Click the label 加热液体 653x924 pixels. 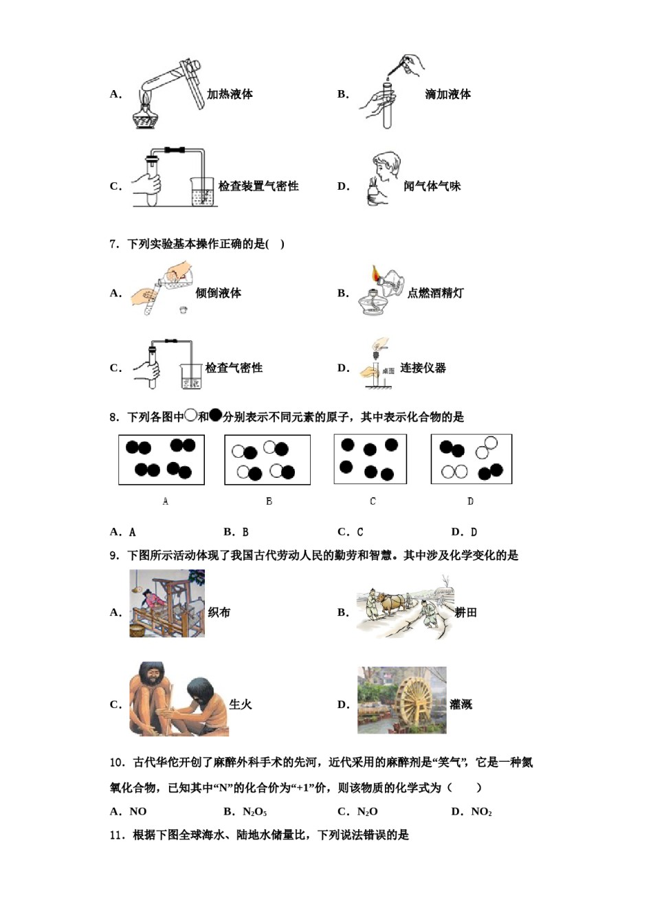click(x=230, y=94)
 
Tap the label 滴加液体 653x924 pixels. click(x=447, y=94)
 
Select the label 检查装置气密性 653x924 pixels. click(x=258, y=186)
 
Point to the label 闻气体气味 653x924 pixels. click(x=432, y=186)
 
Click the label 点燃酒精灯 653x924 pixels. click(x=435, y=293)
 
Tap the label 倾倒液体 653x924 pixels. click(x=218, y=293)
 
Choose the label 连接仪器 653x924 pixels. click(x=423, y=368)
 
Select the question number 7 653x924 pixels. click(x=114, y=244)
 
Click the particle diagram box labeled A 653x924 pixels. click(x=162, y=459)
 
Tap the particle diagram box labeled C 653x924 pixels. click(x=370, y=459)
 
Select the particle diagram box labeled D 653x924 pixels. click(x=472, y=459)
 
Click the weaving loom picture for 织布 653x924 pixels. click(x=166, y=604)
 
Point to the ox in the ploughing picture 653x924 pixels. click(x=394, y=603)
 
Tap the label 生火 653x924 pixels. click(x=240, y=704)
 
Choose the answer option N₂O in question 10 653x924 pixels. click(x=367, y=812)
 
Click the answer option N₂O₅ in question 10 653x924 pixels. click(x=254, y=812)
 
